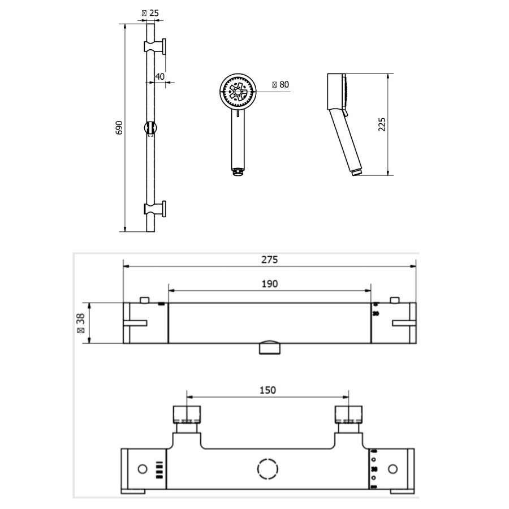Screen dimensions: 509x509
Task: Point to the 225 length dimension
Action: (x=382, y=124)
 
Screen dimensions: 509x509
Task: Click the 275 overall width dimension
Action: (x=270, y=260)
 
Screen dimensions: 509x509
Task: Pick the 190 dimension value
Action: (x=270, y=283)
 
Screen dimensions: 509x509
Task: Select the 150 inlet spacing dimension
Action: (x=268, y=390)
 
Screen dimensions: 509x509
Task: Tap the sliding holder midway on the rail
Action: (x=150, y=128)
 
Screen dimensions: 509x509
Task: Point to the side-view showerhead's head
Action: (x=338, y=92)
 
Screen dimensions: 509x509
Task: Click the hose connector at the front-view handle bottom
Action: (x=238, y=170)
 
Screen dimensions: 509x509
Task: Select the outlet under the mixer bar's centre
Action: (x=270, y=347)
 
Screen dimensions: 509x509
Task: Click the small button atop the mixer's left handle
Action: (x=145, y=299)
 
